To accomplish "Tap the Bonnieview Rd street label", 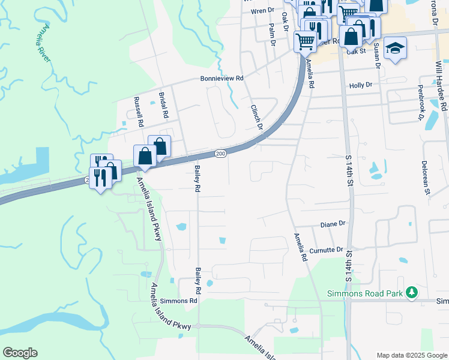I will (x=222, y=79).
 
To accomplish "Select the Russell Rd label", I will (x=139, y=111).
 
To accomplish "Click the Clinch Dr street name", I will (x=256, y=116).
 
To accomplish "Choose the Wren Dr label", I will (x=262, y=11).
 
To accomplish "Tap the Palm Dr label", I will (x=272, y=34).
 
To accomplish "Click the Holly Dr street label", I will (x=361, y=86).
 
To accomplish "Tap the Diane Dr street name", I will (x=333, y=224).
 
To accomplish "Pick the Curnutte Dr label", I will (x=327, y=250).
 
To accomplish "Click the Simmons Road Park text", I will (x=365, y=293).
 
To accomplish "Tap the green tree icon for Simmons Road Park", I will (x=411, y=293).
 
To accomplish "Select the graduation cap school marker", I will (x=395, y=47).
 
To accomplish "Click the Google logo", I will (x=20, y=353).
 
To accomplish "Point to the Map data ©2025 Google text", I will (x=411, y=355).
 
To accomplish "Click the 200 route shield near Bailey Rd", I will (x=220, y=154).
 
